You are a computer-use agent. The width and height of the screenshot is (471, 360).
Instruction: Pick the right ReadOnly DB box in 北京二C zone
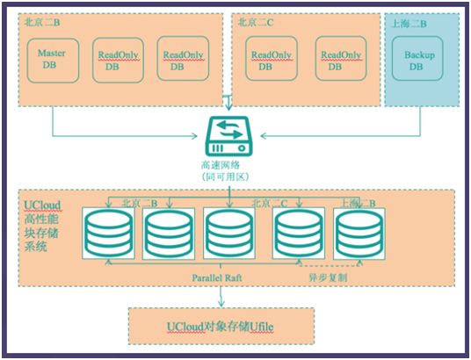click(338, 60)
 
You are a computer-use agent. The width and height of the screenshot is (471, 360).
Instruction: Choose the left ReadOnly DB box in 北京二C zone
click(272, 60)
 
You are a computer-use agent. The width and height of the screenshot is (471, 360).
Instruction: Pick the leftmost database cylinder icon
click(108, 234)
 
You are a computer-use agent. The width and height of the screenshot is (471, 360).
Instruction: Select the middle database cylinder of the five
click(229, 234)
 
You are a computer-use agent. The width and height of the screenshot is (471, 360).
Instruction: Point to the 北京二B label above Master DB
click(41, 23)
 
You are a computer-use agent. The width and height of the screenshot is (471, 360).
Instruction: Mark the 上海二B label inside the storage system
click(358, 203)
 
